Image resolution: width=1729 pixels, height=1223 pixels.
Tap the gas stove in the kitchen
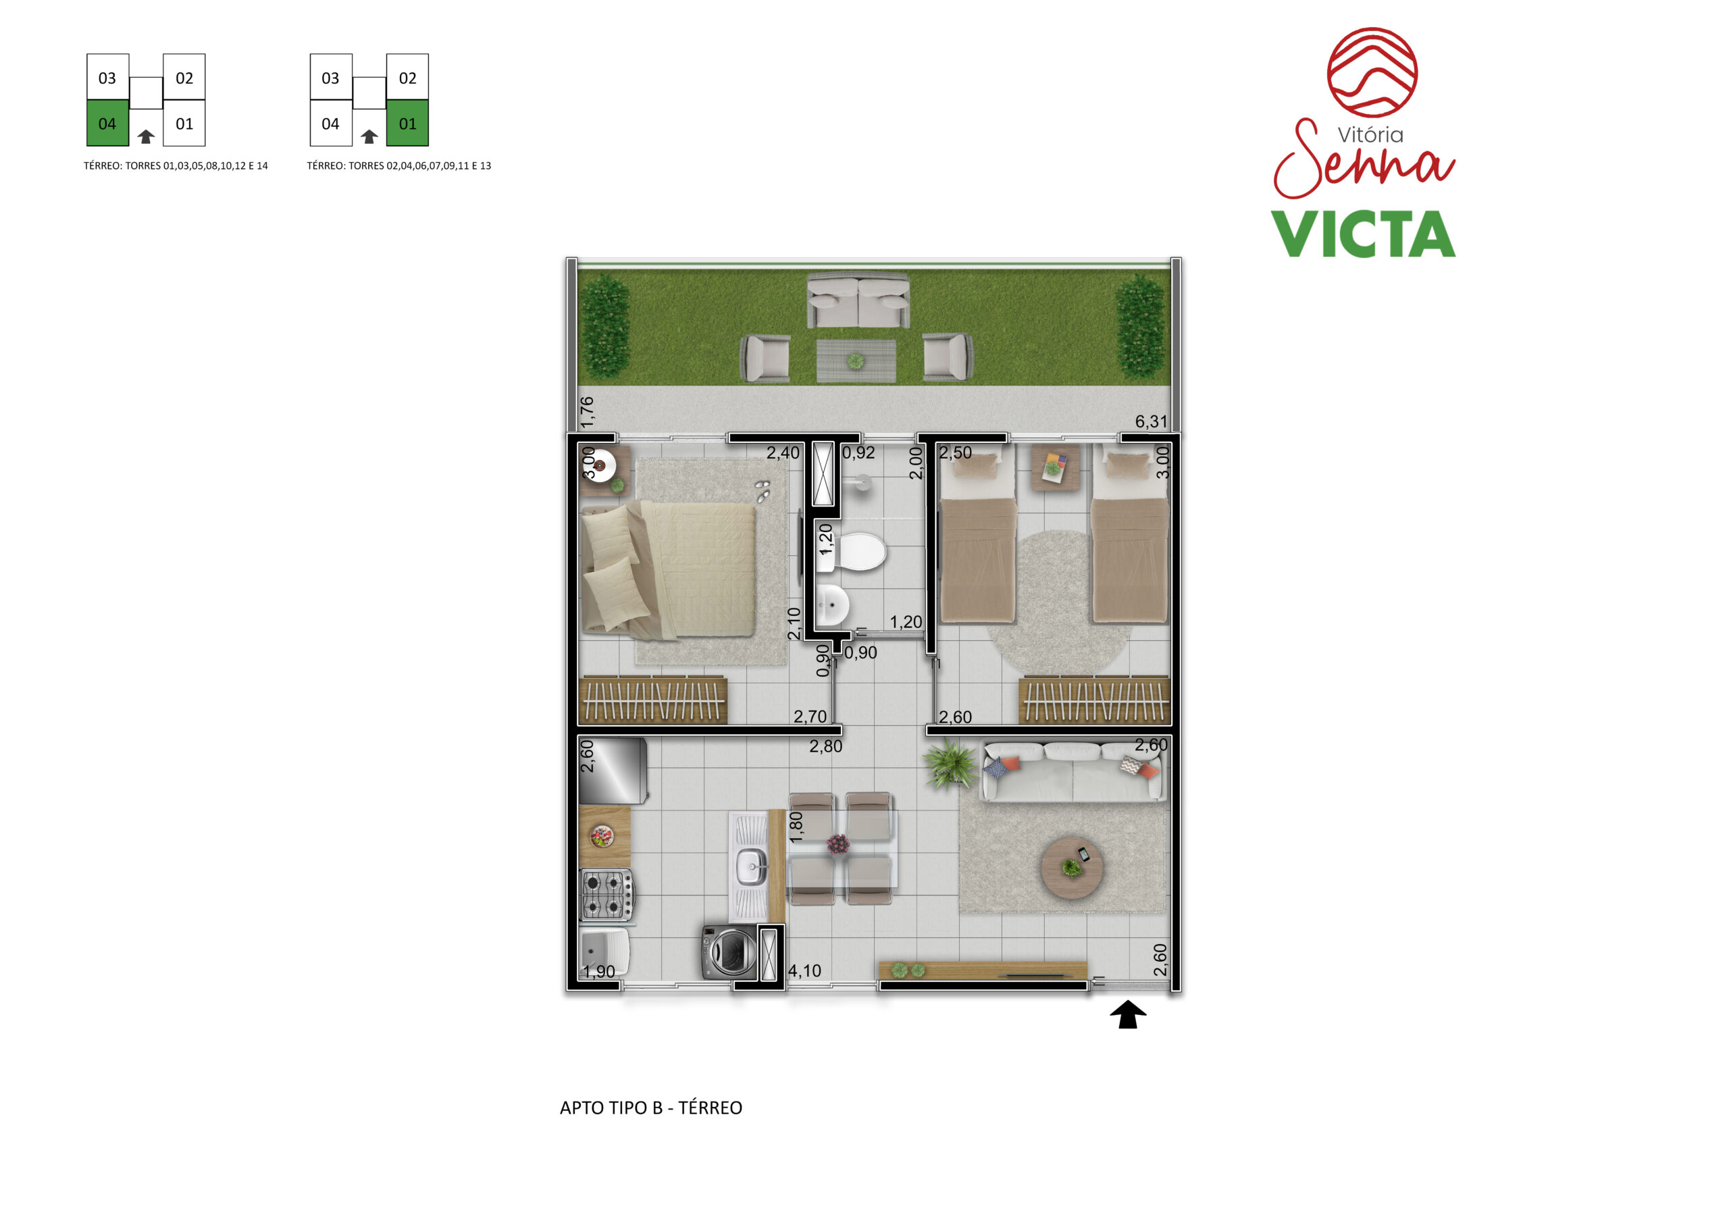click(x=607, y=895)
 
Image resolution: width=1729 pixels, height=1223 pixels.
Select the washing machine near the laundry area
click(x=729, y=952)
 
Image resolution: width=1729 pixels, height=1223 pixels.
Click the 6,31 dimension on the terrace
click(x=1151, y=421)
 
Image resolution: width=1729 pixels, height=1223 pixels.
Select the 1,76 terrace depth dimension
click(x=587, y=412)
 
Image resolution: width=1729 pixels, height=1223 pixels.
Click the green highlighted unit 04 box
click(x=107, y=123)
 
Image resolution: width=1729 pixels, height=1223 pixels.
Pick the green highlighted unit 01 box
click(x=407, y=123)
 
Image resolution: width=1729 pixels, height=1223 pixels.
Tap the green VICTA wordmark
click(x=1363, y=234)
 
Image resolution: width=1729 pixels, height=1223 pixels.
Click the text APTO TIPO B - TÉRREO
click(x=650, y=1108)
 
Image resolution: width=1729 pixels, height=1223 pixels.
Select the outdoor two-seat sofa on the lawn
click(x=858, y=301)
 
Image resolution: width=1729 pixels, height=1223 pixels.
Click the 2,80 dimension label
click(x=825, y=746)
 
